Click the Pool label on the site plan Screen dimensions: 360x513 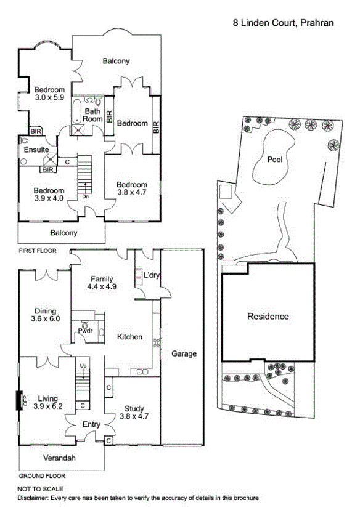coord(274,160)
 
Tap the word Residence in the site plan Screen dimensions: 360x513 coord(268,317)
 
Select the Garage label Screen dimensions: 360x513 coord(184,353)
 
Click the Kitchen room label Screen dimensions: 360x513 coord(129,337)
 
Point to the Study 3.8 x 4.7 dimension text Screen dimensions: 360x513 coord(134,416)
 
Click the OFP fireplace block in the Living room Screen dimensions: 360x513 coord(19,400)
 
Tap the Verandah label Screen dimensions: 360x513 coord(59,458)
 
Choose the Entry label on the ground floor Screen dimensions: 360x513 coord(91,424)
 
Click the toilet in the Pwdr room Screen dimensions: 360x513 coord(86,326)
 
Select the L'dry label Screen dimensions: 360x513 coord(152,275)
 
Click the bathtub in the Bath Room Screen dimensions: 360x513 coord(76,111)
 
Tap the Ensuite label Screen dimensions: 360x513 coord(36,150)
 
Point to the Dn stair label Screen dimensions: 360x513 coord(86,196)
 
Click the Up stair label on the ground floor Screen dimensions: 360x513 coord(83,365)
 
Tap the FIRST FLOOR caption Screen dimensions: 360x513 coord(38,251)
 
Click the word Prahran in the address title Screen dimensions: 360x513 coord(317,23)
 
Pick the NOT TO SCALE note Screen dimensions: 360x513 coord(40,489)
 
